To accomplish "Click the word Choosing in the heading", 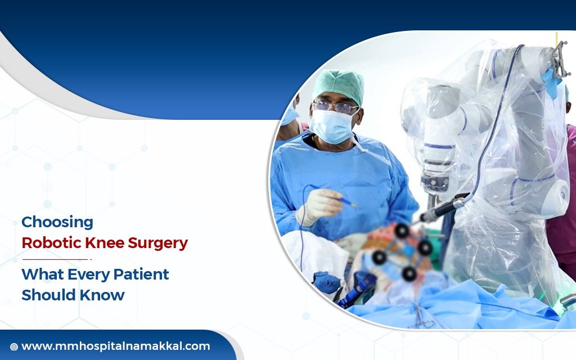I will coord(57,223).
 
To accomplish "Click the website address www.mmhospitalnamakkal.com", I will coord(115,346).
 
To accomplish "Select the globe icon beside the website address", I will coord(14,347).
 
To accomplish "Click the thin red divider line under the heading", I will coord(56,259).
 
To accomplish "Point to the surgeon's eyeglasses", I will coord(336,107).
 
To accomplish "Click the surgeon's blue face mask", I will coord(332,127).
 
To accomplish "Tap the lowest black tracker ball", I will coord(409,273).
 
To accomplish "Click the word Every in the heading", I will coord(88,274).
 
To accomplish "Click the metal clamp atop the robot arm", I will coord(560,59).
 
